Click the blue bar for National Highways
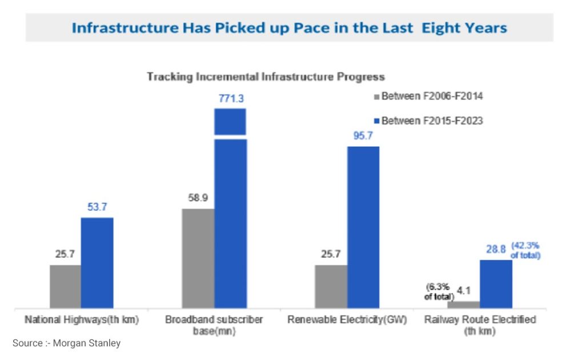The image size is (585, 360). pyautogui.click(x=97, y=263)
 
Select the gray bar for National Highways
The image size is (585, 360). pyautogui.click(x=65, y=286)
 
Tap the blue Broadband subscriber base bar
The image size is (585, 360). pyautogui.click(x=230, y=223)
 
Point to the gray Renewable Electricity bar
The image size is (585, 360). pyautogui.click(x=331, y=286)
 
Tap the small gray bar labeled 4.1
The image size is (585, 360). pyautogui.click(x=463, y=305)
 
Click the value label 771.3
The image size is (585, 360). pyautogui.click(x=231, y=98)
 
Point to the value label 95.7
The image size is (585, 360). pyautogui.click(x=363, y=137)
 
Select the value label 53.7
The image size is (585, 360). pyautogui.click(x=97, y=207)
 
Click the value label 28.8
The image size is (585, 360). pyautogui.click(x=495, y=250)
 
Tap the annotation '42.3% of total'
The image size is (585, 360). pyautogui.click(x=525, y=250)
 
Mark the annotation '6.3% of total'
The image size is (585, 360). pyautogui.click(x=439, y=291)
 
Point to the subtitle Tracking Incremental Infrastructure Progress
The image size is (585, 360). pyautogui.click(x=266, y=76)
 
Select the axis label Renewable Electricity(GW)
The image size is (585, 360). pyautogui.click(x=347, y=319)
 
